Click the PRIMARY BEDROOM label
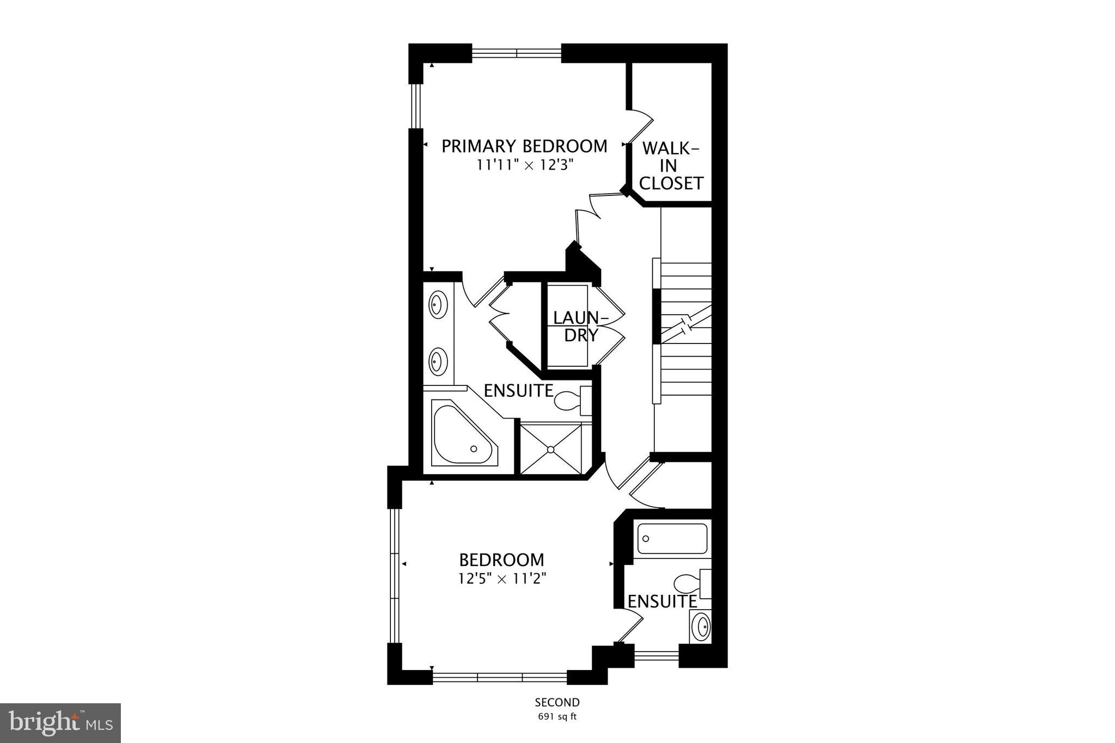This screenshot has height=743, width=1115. (x=524, y=146)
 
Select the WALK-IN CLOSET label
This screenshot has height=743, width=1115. (x=671, y=166)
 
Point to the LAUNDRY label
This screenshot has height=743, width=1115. (x=580, y=326)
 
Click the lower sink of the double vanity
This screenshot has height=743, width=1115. (x=438, y=361)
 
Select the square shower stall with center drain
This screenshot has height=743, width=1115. (x=551, y=449)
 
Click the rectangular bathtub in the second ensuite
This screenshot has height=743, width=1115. (x=673, y=538)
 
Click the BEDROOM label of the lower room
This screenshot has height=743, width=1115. (x=501, y=560)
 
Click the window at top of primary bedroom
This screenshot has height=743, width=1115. (x=516, y=53)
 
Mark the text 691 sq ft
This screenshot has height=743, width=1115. (x=557, y=716)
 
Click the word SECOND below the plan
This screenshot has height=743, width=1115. (x=557, y=702)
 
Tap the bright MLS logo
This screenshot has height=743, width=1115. (x=60, y=723)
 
